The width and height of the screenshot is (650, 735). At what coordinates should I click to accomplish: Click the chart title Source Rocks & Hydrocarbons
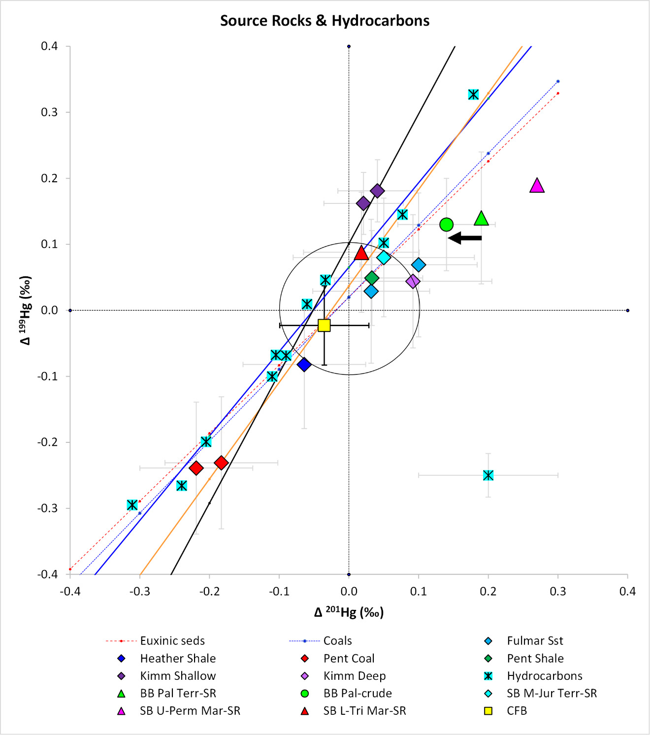325,21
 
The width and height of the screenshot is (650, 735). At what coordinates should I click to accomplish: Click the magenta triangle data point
537,186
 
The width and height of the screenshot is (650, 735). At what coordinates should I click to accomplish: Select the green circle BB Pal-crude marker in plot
446,225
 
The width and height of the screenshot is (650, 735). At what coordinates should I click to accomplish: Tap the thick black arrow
465,238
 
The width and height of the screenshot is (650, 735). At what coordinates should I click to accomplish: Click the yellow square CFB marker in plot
324,325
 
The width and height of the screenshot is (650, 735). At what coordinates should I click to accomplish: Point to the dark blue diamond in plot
304,365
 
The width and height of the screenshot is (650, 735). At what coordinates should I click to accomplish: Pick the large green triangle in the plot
481,218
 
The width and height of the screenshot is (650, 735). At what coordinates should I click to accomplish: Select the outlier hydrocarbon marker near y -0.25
488,475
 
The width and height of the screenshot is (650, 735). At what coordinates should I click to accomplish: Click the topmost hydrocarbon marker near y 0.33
473,95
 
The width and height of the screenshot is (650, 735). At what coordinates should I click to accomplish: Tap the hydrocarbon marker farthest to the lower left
132,505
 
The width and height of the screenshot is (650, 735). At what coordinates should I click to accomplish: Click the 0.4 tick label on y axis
49,46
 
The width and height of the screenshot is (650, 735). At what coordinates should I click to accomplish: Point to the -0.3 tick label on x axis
140,591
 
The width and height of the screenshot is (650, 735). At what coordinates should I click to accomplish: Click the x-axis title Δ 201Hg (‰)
349,612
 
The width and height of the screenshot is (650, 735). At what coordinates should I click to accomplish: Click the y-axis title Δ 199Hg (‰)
26,310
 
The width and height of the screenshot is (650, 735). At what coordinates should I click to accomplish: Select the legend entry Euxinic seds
172,641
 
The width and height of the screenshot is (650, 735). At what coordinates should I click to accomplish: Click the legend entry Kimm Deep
354,676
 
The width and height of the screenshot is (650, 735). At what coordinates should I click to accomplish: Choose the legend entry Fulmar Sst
535,641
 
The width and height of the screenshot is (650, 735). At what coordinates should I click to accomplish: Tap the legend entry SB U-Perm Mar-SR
190,711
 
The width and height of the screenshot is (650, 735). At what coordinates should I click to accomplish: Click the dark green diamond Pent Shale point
372,278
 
